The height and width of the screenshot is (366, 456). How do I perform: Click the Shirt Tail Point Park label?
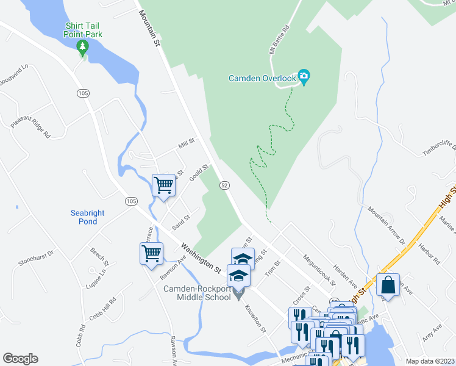tap(84, 29)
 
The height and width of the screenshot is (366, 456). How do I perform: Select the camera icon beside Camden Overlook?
tap(304, 76)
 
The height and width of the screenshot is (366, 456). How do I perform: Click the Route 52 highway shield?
tap(225, 185)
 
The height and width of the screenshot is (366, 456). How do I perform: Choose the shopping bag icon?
tap(388, 284)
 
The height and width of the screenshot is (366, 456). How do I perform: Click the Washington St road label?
tap(201, 256)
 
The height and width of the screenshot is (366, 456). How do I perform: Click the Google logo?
tap(20, 358)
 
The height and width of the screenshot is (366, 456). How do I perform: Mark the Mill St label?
tap(186, 144)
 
